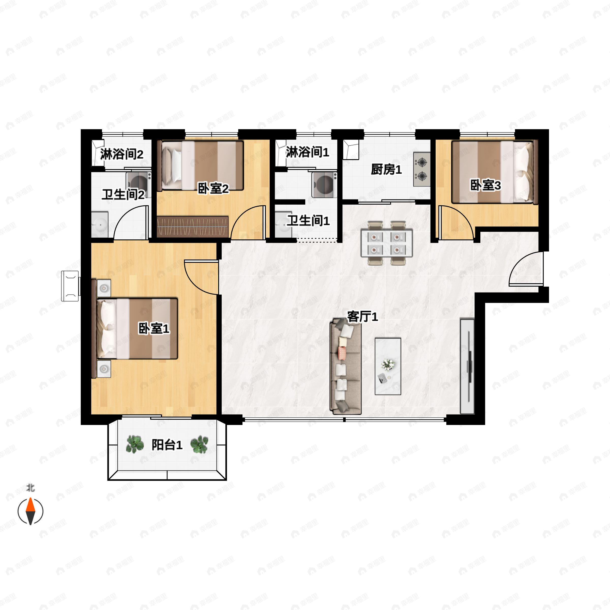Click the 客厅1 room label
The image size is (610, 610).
pyautogui.click(x=362, y=316)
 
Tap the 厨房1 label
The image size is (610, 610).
pyautogui.click(x=386, y=170)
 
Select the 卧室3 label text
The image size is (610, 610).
pyautogui.click(x=485, y=185)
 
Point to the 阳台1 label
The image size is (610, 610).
pyautogui.click(x=167, y=445)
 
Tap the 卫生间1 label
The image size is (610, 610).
pyautogui.click(x=308, y=220)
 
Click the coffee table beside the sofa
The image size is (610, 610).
pyautogui.click(x=388, y=366)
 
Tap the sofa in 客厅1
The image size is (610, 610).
pyautogui.click(x=345, y=366)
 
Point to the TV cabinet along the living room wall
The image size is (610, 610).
pyautogui.click(x=467, y=366)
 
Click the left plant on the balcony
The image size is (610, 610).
pyautogui.click(x=135, y=445)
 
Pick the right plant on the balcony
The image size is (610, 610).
pyautogui.click(x=199, y=445)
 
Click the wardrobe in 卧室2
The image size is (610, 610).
pyautogui.click(x=192, y=227)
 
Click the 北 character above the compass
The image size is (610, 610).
pyautogui.click(x=30, y=488)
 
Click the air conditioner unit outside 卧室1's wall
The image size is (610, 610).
pyautogui.click(x=70, y=286)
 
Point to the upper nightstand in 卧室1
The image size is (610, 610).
pyautogui.click(x=104, y=288)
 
